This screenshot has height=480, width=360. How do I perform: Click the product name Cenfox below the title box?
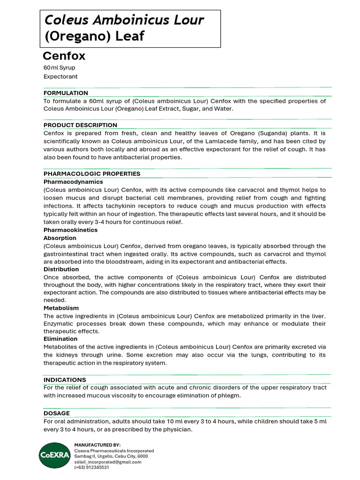click(x=64, y=56)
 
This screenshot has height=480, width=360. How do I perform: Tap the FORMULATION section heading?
click(x=66, y=93)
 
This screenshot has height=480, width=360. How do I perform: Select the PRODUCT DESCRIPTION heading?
click(x=80, y=125)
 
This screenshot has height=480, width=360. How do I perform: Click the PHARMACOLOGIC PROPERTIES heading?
click(x=92, y=173)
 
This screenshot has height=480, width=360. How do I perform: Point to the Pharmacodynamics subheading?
click(x=73, y=181)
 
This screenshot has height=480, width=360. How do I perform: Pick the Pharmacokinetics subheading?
click(x=70, y=230)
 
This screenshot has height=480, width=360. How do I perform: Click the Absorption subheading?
click(x=60, y=238)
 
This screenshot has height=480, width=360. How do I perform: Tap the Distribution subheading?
click(x=61, y=270)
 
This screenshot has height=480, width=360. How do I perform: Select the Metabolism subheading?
click(x=61, y=308)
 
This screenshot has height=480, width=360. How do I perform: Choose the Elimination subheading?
click(x=60, y=339)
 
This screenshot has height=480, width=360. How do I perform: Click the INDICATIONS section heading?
click(x=65, y=380)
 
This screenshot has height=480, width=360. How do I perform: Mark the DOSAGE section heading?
click(x=56, y=413)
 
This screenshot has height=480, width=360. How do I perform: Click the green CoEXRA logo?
click(x=54, y=455)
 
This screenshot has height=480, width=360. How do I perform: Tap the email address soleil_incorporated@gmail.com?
click(x=107, y=462)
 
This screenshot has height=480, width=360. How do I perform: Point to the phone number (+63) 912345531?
click(x=91, y=467)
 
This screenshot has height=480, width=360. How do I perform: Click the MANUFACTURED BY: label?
click(x=97, y=445)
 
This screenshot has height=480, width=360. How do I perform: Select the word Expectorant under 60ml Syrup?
click(x=60, y=76)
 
